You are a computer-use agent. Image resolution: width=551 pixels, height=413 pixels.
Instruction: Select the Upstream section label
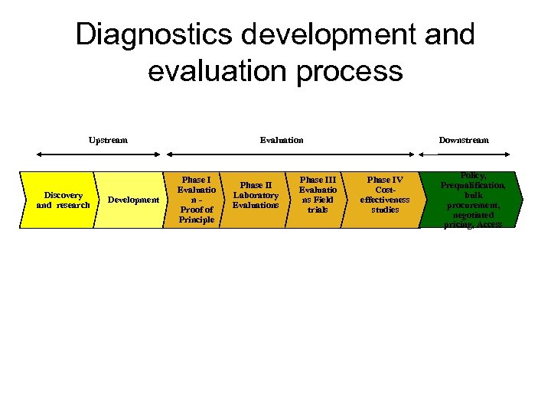point(108,140)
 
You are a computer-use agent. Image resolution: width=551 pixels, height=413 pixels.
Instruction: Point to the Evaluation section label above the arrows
point(282,140)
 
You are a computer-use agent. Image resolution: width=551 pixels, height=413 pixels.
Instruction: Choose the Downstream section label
point(463,140)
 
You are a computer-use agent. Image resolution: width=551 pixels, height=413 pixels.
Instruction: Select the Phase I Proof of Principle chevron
point(196,200)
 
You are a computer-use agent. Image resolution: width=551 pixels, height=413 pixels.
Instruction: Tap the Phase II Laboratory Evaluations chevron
point(256,195)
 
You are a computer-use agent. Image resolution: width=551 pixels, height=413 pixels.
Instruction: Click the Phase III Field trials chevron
point(317,195)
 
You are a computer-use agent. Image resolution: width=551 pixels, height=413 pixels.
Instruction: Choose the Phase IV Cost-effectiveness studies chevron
point(383,195)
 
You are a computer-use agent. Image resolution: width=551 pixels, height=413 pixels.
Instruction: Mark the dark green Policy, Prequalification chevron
point(472,200)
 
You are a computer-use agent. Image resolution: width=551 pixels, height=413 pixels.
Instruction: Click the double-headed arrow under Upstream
point(91,153)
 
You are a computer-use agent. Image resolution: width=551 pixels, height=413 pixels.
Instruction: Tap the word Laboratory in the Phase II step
point(256,195)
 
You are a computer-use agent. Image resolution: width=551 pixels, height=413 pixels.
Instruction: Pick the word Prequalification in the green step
point(472,185)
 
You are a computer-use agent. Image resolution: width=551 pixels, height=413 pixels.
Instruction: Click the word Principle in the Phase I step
point(196,220)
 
